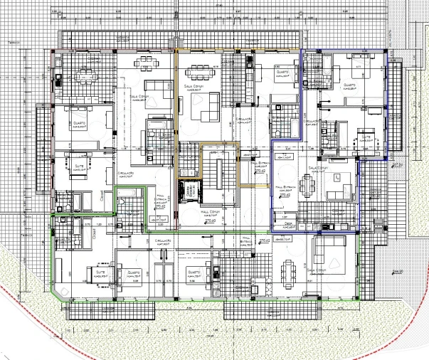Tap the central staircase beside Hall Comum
tap(221, 171)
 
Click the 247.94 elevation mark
tap(397, 164)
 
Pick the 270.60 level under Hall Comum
tap(210, 223)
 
